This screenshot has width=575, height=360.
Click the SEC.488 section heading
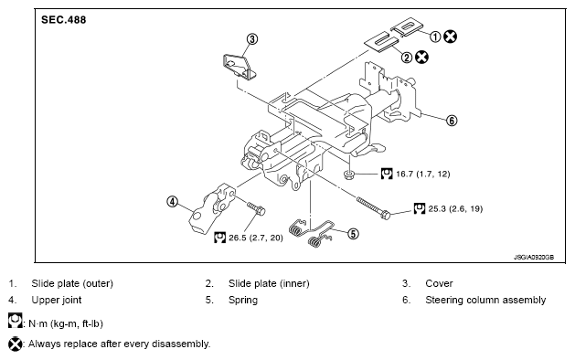click(x=63, y=19)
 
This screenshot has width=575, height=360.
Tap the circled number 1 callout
click(x=435, y=37)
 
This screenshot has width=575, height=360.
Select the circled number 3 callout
click(x=252, y=39)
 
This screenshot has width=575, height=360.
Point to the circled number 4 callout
click(x=173, y=201)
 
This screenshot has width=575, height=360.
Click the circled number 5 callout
click(x=353, y=234)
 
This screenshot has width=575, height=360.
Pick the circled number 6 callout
click(x=452, y=121)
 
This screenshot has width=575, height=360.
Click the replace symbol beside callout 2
click(x=421, y=58)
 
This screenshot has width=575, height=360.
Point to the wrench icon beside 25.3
click(x=420, y=208)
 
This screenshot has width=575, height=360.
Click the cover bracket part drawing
click(x=240, y=67)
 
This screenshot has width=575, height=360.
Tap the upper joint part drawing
click(x=211, y=208)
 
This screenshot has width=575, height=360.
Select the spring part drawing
click(x=312, y=232)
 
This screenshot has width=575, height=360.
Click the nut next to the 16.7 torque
click(x=349, y=175)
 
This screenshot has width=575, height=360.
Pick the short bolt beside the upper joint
click(x=256, y=208)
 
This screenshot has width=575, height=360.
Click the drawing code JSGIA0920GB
click(x=534, y=258)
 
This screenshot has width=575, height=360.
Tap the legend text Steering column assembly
click(x=485, y=300)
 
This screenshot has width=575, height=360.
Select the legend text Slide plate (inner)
click(x=269, y=283)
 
